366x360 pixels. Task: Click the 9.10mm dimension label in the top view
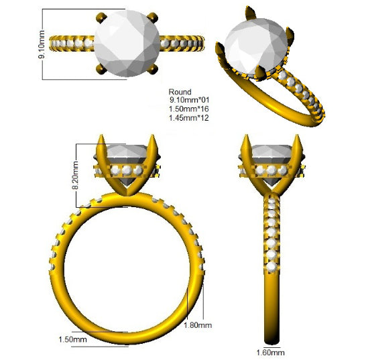click(42, 44)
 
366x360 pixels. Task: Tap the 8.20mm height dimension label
click(76, 175)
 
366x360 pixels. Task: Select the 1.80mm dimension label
click(198, 325)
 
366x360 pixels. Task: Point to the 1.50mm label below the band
click(72, 339)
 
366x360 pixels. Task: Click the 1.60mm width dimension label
click(271, 353)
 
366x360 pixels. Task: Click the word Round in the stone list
click(180, 92)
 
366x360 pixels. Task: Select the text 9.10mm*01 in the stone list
click(189, 100)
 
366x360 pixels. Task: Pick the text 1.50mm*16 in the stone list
click(189, 109)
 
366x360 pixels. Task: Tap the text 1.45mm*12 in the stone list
click(189, 118)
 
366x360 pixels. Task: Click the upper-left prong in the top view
click(101, 17)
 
